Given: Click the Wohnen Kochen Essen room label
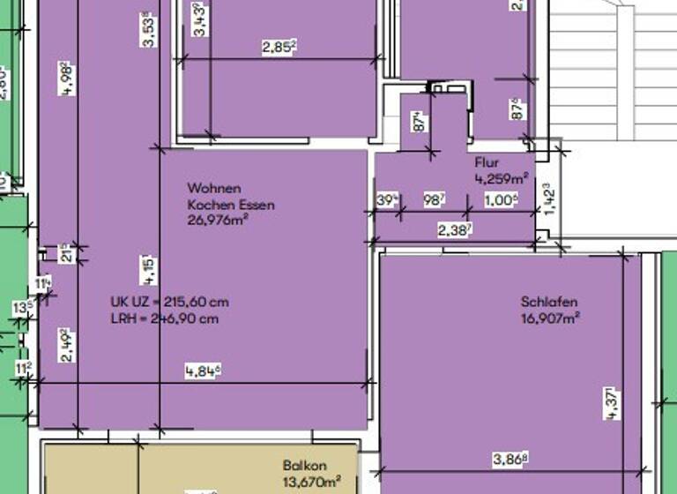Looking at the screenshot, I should click(x=230, y=196).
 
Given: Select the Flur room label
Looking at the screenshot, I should click(x=487, y=163).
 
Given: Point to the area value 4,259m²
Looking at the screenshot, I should click(x=502, y=178).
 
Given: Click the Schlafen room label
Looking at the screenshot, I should click(x=549, y=303).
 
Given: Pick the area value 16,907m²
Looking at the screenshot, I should click(x=550, y=318).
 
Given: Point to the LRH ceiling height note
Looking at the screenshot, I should click(x=164, y=318).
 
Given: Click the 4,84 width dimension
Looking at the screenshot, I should click(x=202, y=371).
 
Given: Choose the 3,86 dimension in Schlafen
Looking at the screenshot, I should click(x=511, y=459).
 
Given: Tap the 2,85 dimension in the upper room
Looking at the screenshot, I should click(x=279, y=48).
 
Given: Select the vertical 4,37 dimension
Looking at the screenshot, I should click(x=613, y=407).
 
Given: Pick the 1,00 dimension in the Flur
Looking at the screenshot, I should click(x=500, y=201).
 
